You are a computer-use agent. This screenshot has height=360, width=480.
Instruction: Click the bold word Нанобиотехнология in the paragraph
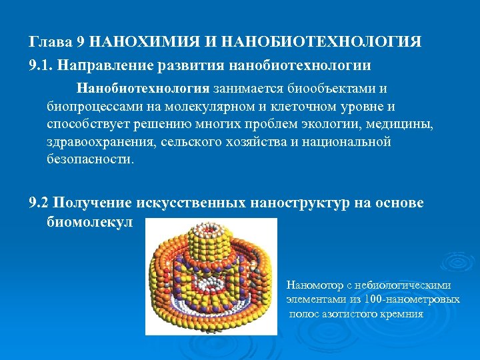click(x=143, y=89)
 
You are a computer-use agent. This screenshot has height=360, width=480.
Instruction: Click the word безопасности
click(x=90, y=161)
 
